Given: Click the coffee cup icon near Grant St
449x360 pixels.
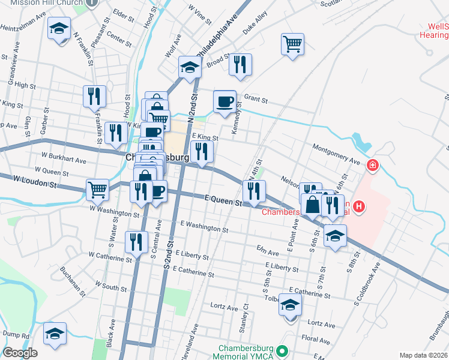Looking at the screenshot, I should point(225,101).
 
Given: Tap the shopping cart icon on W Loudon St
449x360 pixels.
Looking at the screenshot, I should point(97,190).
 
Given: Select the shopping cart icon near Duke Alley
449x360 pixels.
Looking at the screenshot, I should point(292,44).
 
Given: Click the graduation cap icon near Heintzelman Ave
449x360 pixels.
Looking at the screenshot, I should point(59,28).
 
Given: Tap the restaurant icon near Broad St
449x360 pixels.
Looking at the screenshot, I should point(240,64).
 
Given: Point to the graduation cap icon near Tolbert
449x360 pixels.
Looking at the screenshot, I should point(291,305).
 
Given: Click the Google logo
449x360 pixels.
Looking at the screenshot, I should point(20,353).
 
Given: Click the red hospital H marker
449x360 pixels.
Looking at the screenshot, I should point(359,207).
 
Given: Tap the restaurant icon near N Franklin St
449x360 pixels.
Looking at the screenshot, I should point(95,95).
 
